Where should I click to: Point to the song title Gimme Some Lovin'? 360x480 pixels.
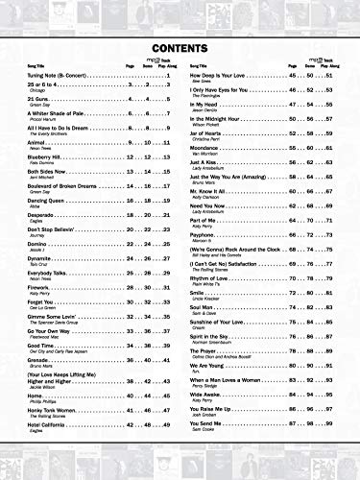[60, 315]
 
